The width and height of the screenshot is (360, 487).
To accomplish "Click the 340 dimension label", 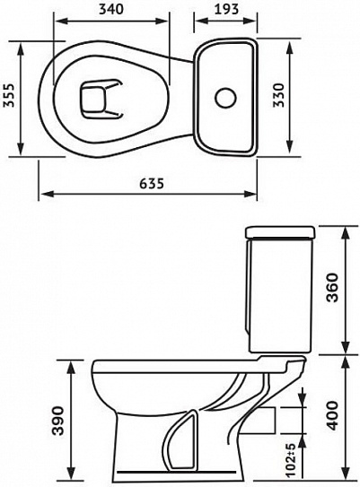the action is [111, 9].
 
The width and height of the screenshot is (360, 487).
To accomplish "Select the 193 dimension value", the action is [226, 9].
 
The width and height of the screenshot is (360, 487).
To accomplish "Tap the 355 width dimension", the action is [9, 95].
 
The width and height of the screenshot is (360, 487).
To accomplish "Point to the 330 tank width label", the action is [278, 95].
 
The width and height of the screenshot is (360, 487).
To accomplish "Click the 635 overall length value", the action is [151, 184].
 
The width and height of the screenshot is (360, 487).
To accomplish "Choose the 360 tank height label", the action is [333, 287].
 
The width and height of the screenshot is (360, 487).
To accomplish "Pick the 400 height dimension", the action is [332, 415].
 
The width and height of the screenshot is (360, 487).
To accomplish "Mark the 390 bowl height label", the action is [57, 421].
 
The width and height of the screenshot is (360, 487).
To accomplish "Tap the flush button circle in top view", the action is [225, 97].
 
